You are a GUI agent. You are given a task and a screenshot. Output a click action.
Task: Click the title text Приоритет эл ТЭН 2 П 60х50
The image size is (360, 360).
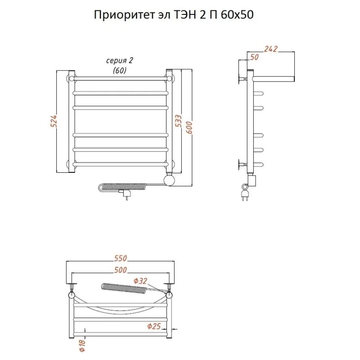tap(174, 15)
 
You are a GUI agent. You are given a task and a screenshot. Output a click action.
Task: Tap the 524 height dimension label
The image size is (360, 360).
tap(54, 122)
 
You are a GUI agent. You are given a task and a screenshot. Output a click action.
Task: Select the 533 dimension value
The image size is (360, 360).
tap(178, 121)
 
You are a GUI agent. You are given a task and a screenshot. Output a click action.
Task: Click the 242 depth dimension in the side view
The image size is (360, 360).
tap(270, 49)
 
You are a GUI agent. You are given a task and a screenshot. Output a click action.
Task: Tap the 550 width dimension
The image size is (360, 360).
tap(120, 258)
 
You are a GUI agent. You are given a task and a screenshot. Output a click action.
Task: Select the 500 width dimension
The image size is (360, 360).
tap(120, 270)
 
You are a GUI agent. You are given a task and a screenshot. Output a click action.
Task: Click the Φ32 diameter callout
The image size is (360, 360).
tap(140, 281)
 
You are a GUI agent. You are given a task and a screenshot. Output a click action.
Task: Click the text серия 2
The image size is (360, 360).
tap(120, 61)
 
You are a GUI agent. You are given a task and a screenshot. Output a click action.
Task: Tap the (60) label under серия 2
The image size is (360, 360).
tap(120, 70)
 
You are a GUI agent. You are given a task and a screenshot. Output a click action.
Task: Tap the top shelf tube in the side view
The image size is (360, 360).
tap(274, 79)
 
